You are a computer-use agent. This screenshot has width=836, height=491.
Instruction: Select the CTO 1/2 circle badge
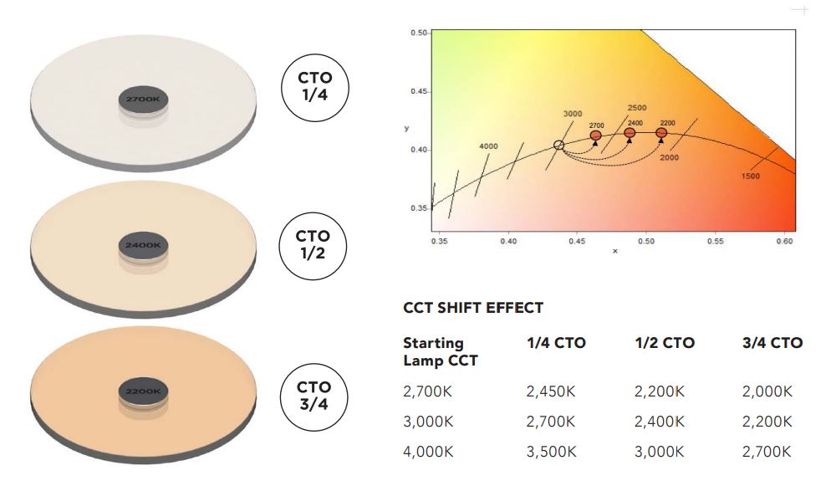[313, 244]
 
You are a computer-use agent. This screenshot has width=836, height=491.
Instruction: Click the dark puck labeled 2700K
[142, 100]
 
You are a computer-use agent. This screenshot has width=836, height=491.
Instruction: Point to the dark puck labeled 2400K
[144, 246]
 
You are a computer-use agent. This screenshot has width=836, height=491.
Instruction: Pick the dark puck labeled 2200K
[144, 391]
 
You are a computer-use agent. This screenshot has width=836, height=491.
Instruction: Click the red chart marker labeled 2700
[596, 135]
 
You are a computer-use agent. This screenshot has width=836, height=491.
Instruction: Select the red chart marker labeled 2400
[630, 132]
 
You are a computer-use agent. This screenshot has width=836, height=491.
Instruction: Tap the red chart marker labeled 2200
[661, 132]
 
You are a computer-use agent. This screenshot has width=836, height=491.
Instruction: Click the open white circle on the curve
[558, 145]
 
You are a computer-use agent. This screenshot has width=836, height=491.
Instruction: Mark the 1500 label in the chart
[750, 176]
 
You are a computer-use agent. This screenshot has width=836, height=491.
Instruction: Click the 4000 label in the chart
[488, 146]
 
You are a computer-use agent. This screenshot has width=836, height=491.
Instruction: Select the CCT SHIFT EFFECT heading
[473, 308]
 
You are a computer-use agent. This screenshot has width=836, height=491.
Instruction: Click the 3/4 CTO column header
[772, 343]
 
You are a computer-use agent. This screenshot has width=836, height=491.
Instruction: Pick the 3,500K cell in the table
[552, 452]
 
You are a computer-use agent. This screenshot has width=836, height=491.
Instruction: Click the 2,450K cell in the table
[552, 391]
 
